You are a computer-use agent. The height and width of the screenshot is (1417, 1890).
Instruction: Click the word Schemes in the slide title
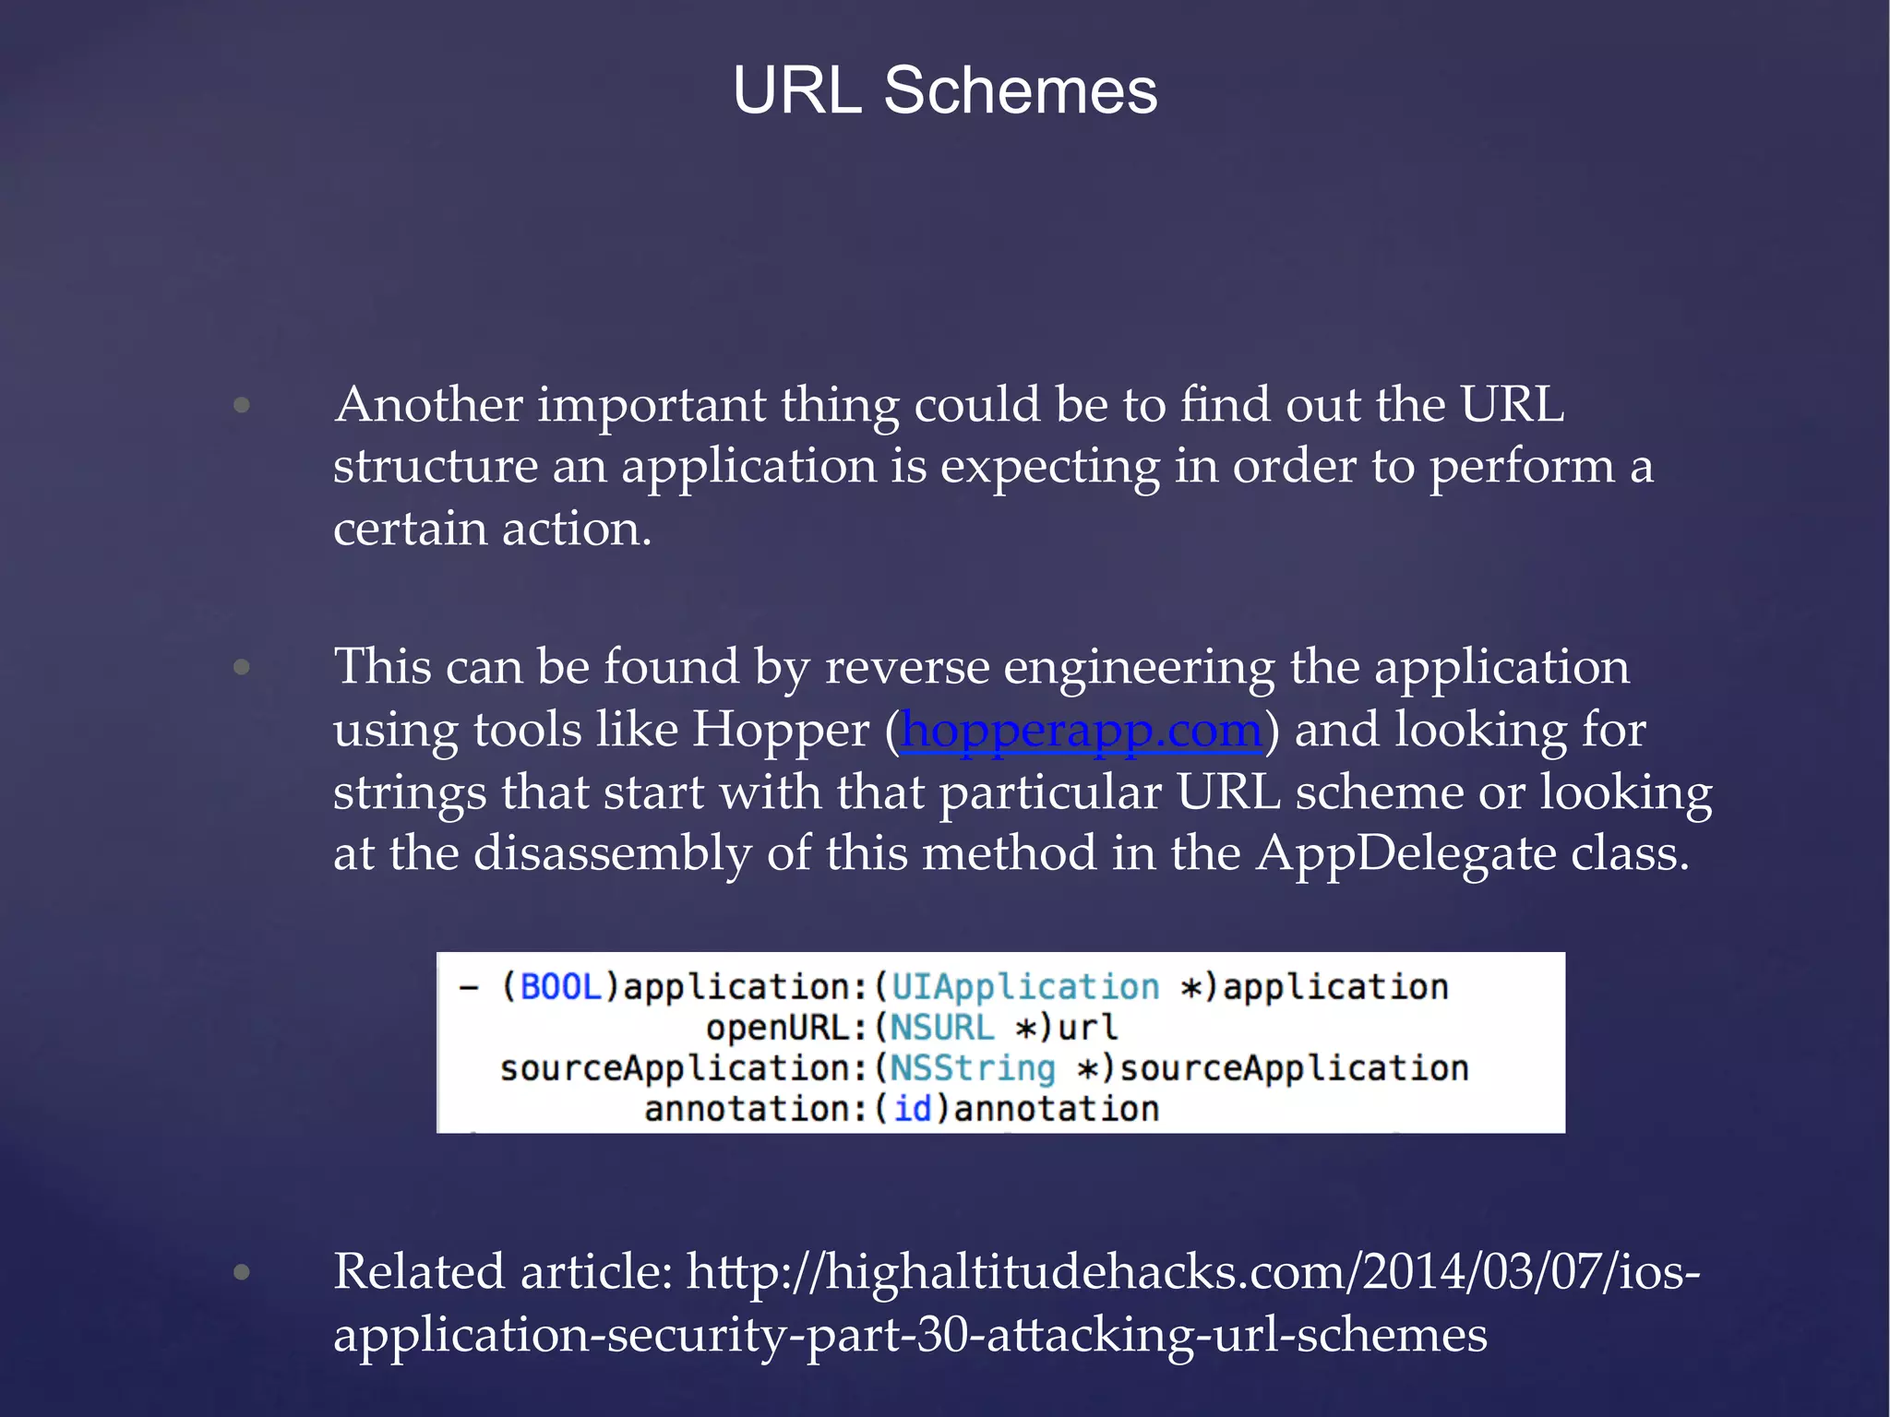click(x=1020, y=92)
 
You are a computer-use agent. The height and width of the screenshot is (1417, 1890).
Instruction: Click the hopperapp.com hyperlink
click(x=1081, y=731)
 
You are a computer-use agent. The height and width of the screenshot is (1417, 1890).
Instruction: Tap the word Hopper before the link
click(x=781, y=731)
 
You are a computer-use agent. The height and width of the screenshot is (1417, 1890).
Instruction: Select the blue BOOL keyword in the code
click(x=561, y=987)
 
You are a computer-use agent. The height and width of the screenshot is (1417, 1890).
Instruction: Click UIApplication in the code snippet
click(x=1025, y=987)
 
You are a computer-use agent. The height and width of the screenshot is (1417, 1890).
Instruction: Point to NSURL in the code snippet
click(x=941, y=1028)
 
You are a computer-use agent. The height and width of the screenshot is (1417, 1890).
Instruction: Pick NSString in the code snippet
click(x=973, y=1068)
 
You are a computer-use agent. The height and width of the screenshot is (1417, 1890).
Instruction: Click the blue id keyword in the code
click(x=913, y=1109)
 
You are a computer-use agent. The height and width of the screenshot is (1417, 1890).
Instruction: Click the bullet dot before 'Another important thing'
click(x=242, y=405)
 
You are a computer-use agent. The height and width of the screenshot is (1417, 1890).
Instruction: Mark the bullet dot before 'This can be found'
click(x=242, y=667)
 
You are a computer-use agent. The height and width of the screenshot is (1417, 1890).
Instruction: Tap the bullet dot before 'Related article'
click(x=242, y=1273)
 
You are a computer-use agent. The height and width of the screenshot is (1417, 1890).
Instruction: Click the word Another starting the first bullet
click(x=429, y=405)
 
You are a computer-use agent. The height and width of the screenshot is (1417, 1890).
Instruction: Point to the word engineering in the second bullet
click(x=1139, y=667)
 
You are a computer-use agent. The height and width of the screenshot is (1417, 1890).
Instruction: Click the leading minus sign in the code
click(x=469, y=987)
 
